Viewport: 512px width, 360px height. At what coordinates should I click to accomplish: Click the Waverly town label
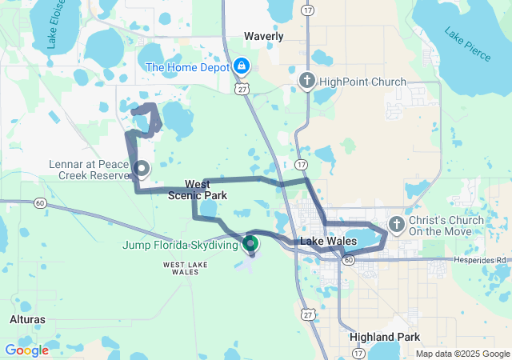tap(264, 37)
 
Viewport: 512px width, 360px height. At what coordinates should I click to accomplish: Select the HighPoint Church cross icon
tap(306, 81)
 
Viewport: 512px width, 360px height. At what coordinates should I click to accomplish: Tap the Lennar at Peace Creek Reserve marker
tap(141, 168)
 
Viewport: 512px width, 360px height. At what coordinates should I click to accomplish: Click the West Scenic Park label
tap(198, 190)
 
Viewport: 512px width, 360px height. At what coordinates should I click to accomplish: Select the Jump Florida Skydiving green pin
tap(250, 242)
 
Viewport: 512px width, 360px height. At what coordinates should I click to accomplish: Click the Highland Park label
tap(385, 337)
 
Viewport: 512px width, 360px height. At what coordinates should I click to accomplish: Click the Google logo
tap(26, 350)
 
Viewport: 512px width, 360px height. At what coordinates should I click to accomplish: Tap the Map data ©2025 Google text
tap(462, 354)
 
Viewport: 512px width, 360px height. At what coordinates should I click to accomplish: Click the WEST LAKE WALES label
tap(186, 267)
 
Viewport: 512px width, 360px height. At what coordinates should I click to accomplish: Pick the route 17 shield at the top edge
tap(308, 9)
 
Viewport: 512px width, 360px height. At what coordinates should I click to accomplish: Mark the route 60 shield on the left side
tap(40, 204)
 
